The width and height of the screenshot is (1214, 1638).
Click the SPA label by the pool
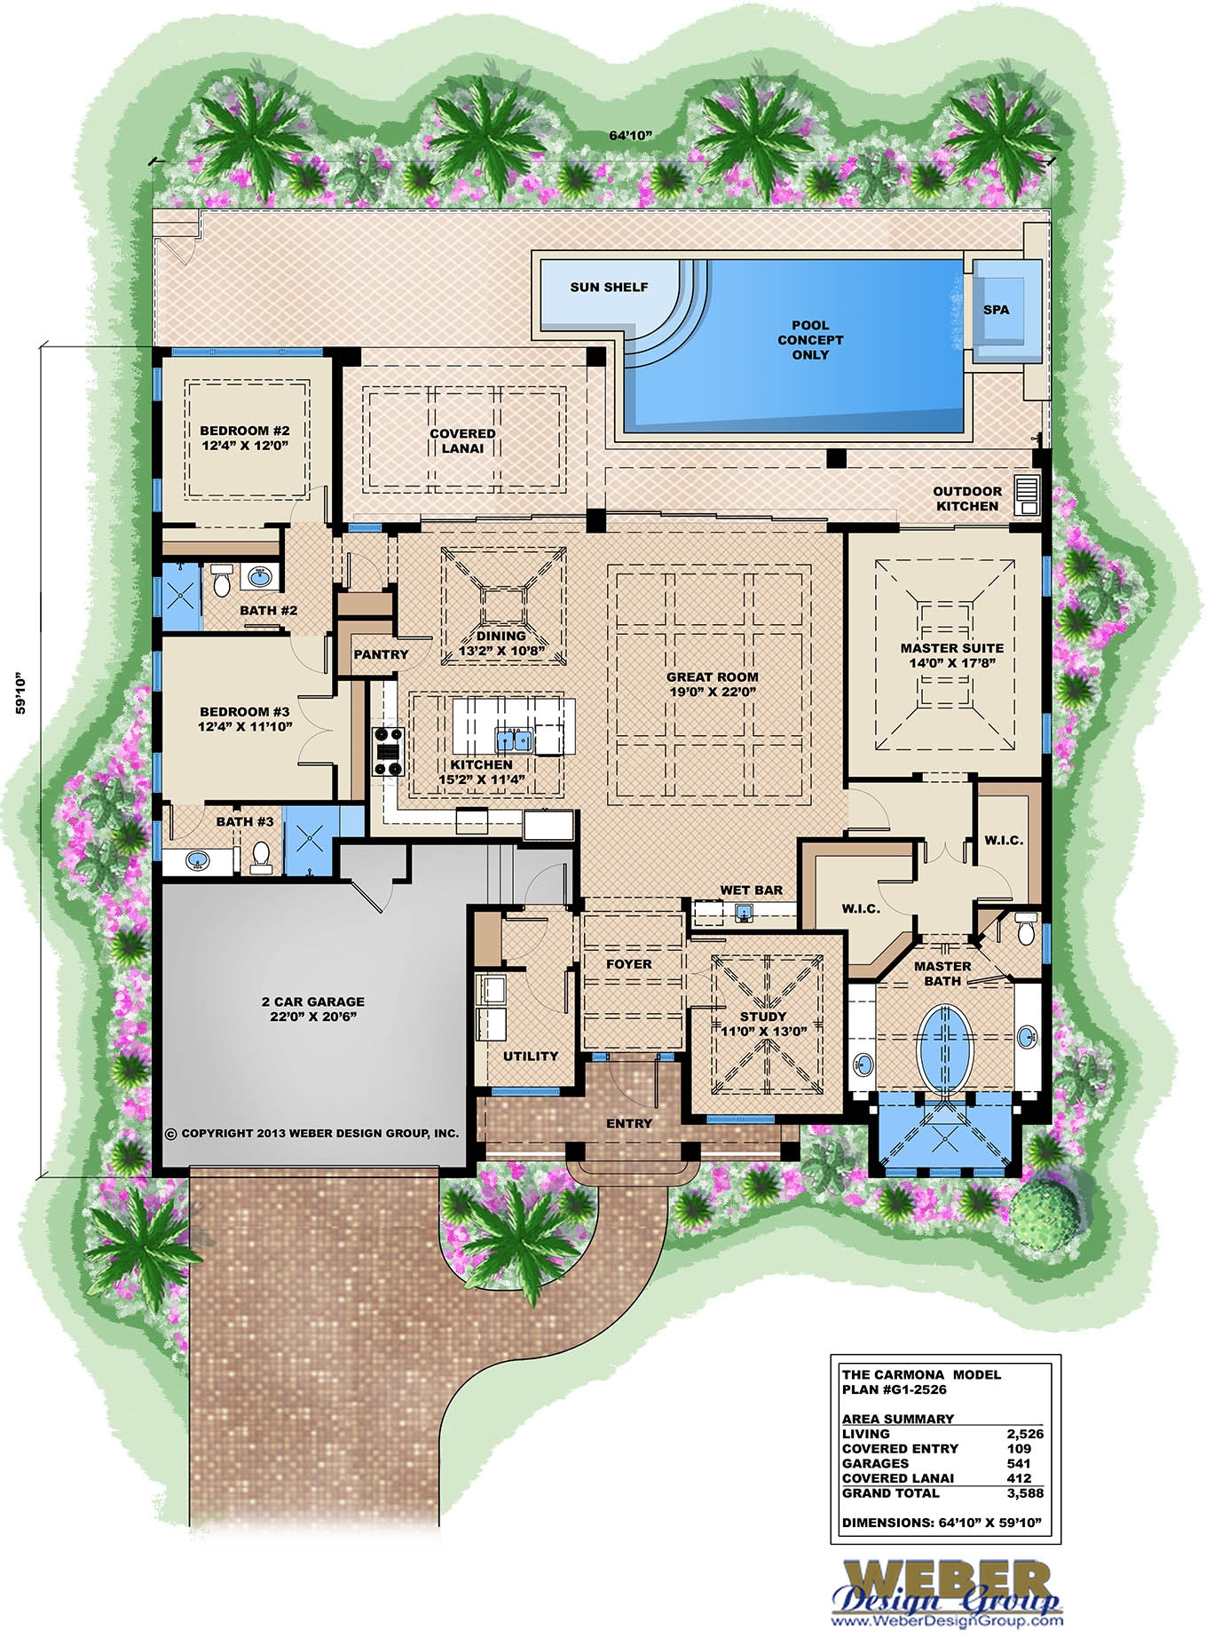coord(996,310)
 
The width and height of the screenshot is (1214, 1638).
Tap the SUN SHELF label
coord(609,287)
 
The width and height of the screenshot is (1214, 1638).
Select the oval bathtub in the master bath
coord(944,1046)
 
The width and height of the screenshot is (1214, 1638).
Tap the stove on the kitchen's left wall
coord(389,751)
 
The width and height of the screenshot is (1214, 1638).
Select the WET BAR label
coord(751,890)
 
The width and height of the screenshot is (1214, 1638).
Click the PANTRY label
coord(381,654)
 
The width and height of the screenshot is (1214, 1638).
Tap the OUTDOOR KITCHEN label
coord(967,498)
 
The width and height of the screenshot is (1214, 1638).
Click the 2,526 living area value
coord(1025,1433)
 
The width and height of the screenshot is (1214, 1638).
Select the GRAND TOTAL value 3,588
coord(1025,1492)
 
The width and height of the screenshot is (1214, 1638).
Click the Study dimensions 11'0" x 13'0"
coord(763,1032)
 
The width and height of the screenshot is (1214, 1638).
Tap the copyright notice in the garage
coord(312,1134)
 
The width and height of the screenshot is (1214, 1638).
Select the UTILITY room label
coord(530,1056)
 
